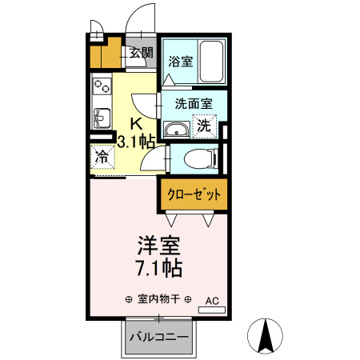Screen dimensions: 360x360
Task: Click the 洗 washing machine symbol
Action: [x=205, y=126]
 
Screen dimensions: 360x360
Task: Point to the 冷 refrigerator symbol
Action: [x=102, y=158]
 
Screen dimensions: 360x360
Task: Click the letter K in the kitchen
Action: [x=136, y=123]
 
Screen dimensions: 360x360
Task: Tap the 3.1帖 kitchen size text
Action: [x=136, y=142]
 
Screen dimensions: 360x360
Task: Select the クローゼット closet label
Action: [x=194, y=194]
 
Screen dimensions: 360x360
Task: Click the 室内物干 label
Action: [x=158, y=300]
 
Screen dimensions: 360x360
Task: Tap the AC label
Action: [x=212, y=301]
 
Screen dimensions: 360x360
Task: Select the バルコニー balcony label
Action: [x=159, y=337]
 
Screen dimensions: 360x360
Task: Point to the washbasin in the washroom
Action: [x=175, y=130]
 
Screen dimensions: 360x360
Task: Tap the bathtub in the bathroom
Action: [x=213, y=60]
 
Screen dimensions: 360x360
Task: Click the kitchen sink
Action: [x=102, y=117]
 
